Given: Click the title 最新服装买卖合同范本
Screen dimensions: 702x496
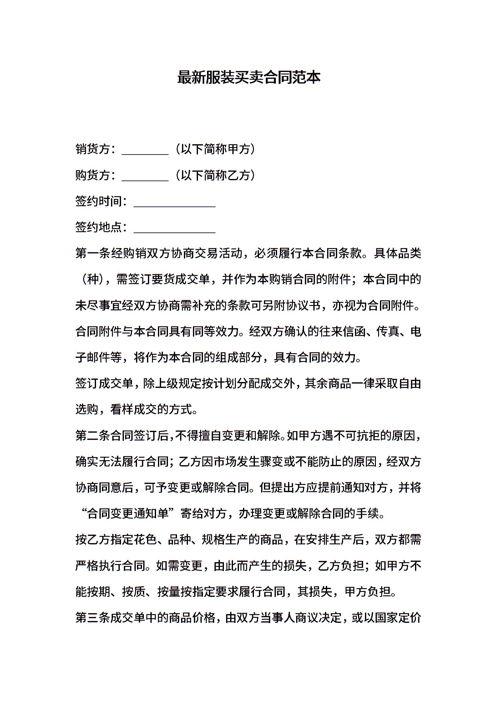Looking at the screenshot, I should point(249,78).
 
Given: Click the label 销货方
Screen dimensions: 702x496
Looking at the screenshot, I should point(93,149).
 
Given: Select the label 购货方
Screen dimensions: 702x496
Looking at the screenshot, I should point(93,175).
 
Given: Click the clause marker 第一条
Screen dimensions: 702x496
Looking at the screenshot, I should point(93,253).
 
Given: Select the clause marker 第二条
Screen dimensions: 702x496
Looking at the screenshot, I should point(93,435).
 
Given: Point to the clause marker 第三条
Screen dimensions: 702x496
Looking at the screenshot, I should point(93,618).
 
